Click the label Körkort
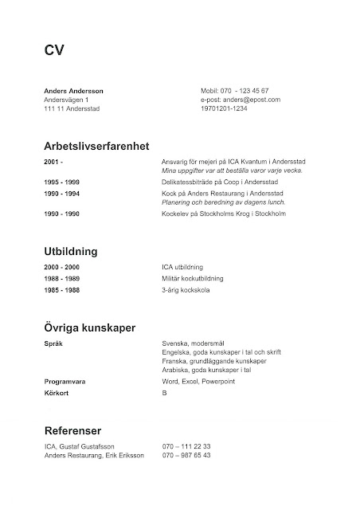[57, 393]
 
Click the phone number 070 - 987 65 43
[186, 455]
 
